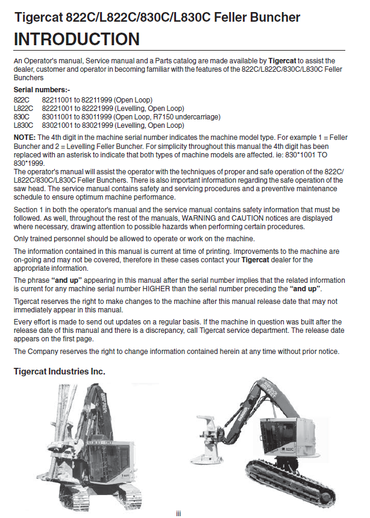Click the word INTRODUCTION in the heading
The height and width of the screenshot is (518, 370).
[x=77, y=40]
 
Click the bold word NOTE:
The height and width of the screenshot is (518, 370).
[x=24, y=137]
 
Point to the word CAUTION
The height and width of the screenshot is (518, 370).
[x=256, y=218]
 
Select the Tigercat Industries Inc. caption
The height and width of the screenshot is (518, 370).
[x=60, y=371]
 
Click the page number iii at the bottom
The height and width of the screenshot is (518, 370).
[x=178, y=513]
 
